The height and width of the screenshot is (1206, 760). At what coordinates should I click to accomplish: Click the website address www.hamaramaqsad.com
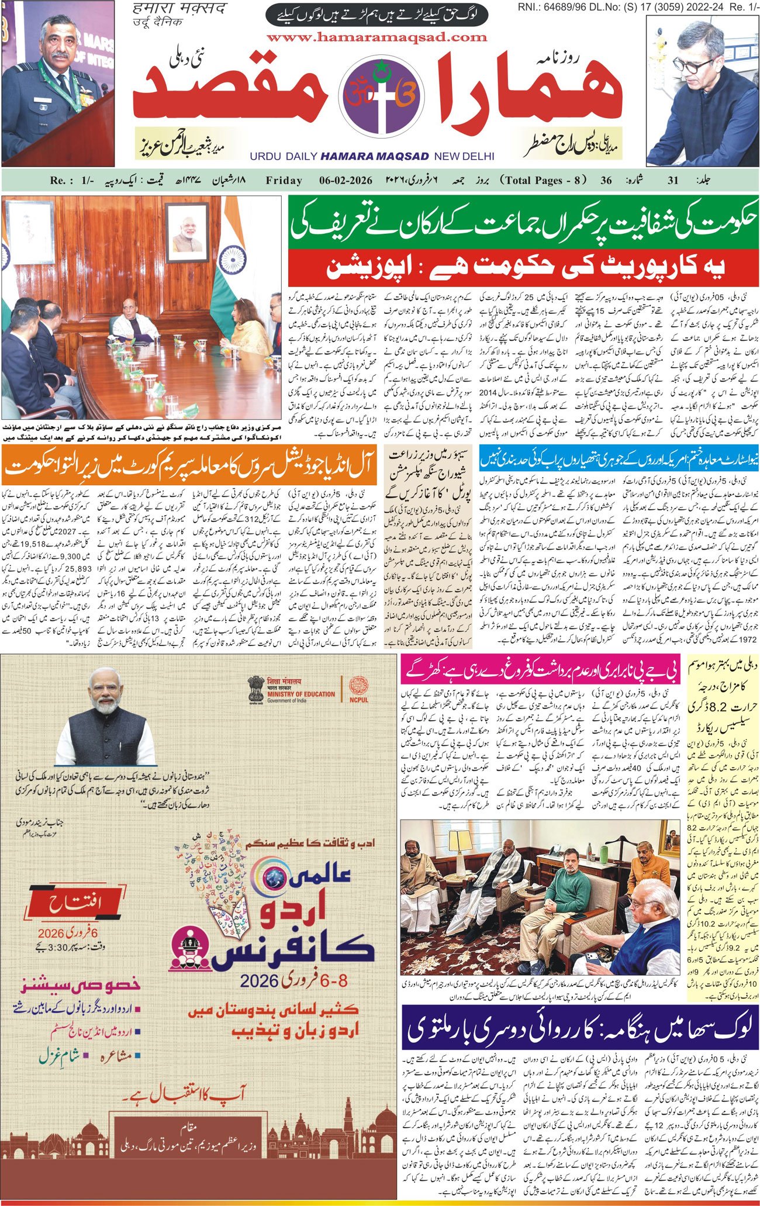click(x=376, y=37)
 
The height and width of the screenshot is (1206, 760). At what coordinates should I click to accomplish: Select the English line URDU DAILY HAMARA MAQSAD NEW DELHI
click(x=372, y=156)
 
